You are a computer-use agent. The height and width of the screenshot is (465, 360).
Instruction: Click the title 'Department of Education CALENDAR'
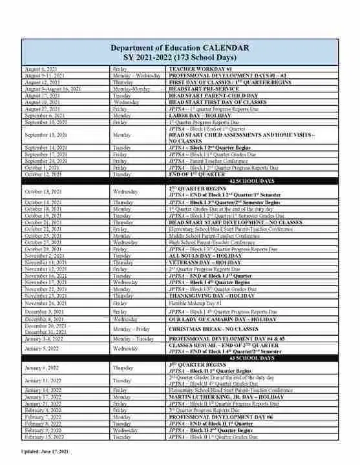click(x=179, y=48)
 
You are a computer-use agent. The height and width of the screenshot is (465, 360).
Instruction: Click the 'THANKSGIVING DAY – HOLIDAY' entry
click(x=213, y=296)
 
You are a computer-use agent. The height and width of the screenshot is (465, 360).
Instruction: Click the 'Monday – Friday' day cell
click(x=133, y=328)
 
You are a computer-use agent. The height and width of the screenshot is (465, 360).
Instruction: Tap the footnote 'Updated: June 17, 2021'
click(x=44, y=450)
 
